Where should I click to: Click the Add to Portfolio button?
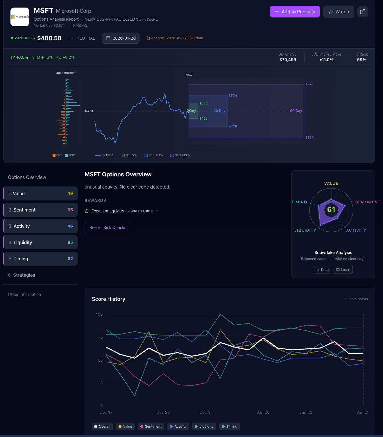click(x=295, y=12)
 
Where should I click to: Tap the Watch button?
click(x=339, y=12)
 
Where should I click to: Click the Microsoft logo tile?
click(x=20, y=17)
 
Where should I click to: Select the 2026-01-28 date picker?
click(x=121, y=38)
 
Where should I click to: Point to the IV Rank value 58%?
click(x=361, y=60)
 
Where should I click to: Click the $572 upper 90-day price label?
click(x=309, y=84)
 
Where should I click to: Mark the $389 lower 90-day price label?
click(x=309, y=138)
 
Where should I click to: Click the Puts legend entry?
click(x=57, y=155)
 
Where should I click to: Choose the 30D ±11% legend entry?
click(x=153, y=155)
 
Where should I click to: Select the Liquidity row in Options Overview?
click(x=40, y=242)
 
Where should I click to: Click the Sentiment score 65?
click(x=70, y=210)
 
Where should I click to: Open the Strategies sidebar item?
click(x=24, y=275)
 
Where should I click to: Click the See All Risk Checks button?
click(x=108, y=228)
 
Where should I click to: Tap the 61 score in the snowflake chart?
click(x=331, y=209)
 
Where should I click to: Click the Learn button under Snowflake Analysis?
click(x=343, y=270)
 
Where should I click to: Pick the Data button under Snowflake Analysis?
click(x=323, y=270)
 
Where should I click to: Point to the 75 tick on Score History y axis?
click(x=100, y=337)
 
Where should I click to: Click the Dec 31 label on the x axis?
click(x=206, y=412)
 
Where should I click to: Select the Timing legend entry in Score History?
click(x=230, y=427)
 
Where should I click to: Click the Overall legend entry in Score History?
click(x=102, y=427)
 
